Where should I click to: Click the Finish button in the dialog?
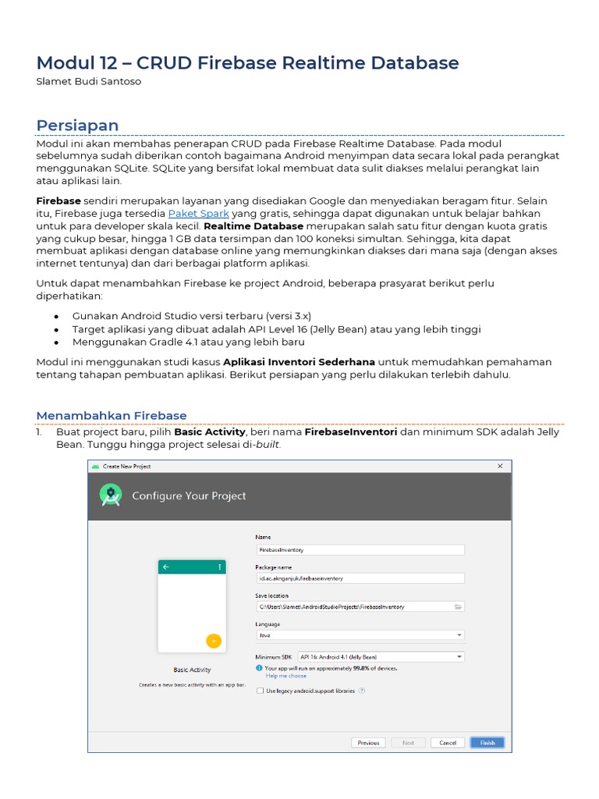[487, 743]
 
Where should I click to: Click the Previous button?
[368, 743]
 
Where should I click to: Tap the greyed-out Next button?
[408, 743]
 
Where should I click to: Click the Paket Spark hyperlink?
[199, 213]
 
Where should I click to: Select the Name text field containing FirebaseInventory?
[360, 549]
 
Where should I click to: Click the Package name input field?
[360, 578]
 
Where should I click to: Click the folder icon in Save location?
[458, 606]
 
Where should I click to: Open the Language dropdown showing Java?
[360, 635]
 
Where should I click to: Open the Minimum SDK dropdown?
[381, 657]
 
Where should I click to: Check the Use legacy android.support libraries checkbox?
[260, 691]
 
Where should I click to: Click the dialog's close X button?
[500, 467]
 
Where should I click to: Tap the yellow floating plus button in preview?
[213, 641]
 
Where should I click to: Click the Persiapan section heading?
[78, 126]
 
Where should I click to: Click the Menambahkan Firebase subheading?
[112, 415]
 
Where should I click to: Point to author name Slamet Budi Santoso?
[89, 81]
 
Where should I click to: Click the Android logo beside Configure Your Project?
[112, 495]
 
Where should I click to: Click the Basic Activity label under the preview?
[192, 669]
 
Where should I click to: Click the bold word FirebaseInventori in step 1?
[351, 431]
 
